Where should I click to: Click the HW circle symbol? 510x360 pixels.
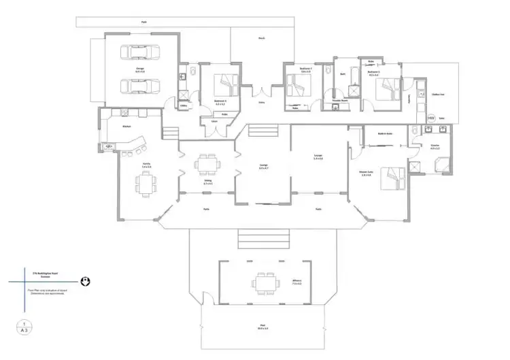tap(430, 117)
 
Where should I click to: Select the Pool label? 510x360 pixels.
tap(262, 327)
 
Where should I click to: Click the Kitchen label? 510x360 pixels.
tap(126, 127)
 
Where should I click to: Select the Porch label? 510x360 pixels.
tap(262, 39)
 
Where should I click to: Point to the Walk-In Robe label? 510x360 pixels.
tap(383, 133)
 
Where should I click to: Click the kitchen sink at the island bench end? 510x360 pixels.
tap(109, 145)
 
